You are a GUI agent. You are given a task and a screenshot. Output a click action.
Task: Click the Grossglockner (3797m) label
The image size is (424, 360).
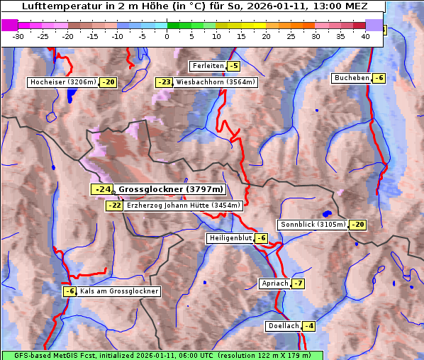[x=170, y=189]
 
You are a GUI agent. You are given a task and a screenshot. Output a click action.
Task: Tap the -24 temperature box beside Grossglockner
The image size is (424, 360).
[x=102, y=189]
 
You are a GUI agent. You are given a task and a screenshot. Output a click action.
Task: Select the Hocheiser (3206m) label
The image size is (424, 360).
[x=62, y=82]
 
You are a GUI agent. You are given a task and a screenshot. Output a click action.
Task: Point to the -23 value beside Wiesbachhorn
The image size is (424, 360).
[x=164, y=82]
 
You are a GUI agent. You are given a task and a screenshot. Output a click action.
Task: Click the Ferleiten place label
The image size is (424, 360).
[x=208, y=66]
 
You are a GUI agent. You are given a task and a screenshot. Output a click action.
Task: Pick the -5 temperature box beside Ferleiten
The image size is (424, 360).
[x=234, y=66]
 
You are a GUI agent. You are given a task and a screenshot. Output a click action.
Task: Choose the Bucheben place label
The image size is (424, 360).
[x=352, y=78]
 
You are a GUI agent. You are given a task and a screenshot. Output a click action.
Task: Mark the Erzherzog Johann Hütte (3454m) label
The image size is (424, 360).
[x=184, y=206]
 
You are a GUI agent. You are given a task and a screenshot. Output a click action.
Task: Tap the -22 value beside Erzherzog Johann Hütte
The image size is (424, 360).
[x=114, y=206]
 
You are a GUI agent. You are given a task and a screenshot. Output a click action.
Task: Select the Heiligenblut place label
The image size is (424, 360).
[x=230, y=238]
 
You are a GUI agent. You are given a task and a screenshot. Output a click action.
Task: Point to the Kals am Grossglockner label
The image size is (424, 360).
[x=118, y=291]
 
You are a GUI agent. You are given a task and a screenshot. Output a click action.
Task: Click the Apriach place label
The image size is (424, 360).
[x=275, y=283]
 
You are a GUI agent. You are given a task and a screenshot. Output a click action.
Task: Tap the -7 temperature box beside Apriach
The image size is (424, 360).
[x=299, y=283]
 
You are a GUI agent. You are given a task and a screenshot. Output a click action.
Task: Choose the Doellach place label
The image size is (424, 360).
[x=283, y=326]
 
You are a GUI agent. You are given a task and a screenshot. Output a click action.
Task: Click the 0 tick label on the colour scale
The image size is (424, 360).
[x=167, y=35]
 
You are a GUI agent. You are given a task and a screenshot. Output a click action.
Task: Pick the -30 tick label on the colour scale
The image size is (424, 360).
[x=19, y=35]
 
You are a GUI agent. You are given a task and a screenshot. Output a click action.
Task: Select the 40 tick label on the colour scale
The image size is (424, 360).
[x=365, y=35]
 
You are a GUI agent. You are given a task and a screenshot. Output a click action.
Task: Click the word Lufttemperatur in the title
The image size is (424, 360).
[x=56, y=6]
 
